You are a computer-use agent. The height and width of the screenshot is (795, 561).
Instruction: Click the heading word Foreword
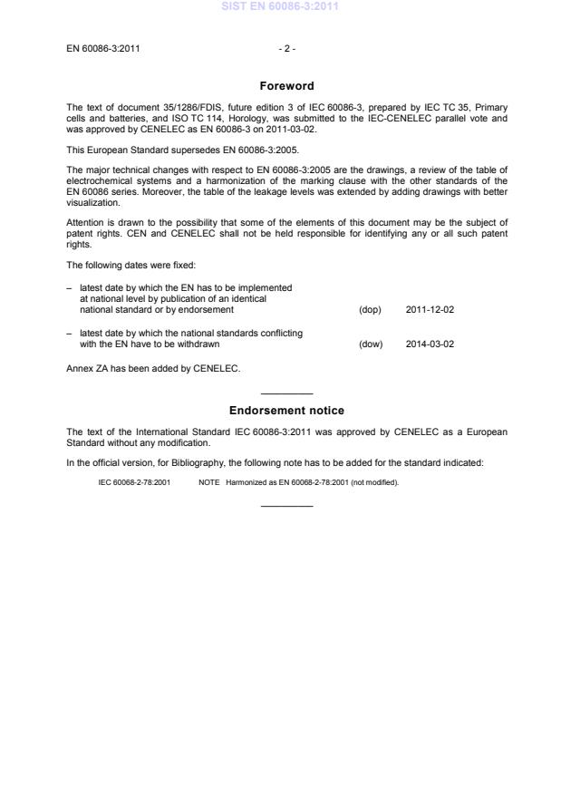point(286,86)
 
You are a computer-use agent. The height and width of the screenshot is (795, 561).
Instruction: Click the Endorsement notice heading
point(286,411)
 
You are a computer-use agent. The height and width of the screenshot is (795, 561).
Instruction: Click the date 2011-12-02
point(430,309)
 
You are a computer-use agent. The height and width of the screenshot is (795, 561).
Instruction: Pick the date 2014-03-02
point(430,344)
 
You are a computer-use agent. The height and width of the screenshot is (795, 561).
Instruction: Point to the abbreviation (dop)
point(370,309)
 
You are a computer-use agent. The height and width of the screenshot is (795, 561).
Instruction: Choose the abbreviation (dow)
point(371,344)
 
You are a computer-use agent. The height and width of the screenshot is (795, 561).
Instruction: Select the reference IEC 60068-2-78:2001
point(134,482)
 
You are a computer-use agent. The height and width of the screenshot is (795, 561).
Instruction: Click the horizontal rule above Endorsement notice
point(286,393)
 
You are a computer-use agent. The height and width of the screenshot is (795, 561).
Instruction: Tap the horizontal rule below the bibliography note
point(286,505)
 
